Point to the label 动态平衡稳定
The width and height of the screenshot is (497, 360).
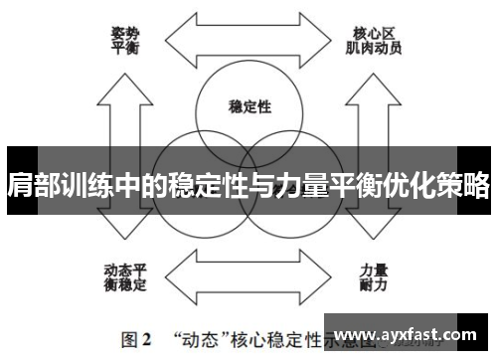pos(124,277)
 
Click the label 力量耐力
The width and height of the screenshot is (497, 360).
pos(373,277)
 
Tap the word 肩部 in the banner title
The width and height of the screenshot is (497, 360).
pos(30,186)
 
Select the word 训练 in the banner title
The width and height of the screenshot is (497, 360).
pos(85,186)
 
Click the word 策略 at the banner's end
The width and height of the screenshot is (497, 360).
pos(464,186)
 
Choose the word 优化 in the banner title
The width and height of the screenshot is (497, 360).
pos(410,186)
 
